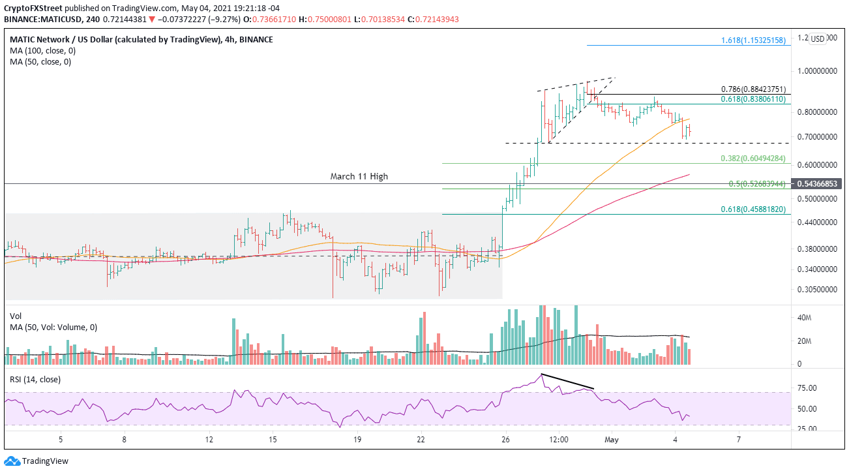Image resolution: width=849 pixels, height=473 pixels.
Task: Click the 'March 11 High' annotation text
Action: tap(359, 176)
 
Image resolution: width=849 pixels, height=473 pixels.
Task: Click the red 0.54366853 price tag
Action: tap(818, 185)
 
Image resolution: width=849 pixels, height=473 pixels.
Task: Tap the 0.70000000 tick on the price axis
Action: tap(818, 137)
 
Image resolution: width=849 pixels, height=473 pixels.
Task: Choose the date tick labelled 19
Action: tap(357, 439)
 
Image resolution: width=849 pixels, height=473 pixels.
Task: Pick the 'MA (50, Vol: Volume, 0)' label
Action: tap(53, 327)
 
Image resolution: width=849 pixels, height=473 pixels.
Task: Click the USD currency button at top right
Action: tap(818, 38)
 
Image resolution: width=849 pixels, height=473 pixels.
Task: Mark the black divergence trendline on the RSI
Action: tap(567, 382)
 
